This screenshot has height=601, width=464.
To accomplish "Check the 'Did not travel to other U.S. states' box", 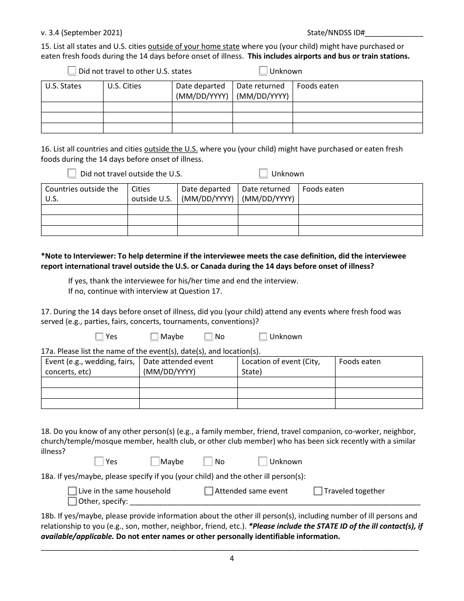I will tap(72, 71).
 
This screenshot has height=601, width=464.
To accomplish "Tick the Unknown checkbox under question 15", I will tap(263, 71).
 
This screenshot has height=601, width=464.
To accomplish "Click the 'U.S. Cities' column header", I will tap(124, 86).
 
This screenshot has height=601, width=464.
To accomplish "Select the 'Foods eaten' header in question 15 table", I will tap(317, 86).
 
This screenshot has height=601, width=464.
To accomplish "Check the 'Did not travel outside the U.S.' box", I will tap(72, 173).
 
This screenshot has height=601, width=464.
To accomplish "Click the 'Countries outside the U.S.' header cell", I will tap(82, 193).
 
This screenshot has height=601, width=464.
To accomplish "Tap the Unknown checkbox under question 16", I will tap(263, 173).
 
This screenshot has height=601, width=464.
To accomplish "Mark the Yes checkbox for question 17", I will tap(100, 337).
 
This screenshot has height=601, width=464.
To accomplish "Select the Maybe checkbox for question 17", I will tap(154, 337).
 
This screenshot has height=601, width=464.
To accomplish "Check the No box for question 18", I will tap(208, 461).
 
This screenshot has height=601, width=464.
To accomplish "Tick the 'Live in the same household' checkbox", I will tap(72, 491).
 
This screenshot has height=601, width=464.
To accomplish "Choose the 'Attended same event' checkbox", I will tap(209, 491).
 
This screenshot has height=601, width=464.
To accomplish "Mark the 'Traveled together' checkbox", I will tap(318, 491).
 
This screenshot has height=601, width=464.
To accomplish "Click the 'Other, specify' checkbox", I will tap(72, 501).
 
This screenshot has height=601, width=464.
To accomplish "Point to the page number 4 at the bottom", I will tap(232, 558).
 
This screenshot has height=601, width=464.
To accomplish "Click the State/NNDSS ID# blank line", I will tap(394, 34).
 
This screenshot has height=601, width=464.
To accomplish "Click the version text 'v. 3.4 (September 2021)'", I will tap(82, 33).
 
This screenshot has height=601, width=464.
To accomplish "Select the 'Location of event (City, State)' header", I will tap(281, 366).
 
